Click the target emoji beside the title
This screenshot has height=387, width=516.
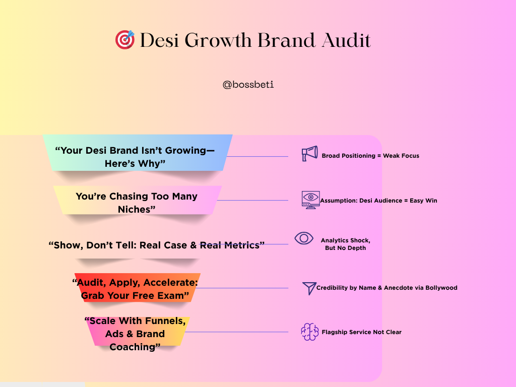point(125,40)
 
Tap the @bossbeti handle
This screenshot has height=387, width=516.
point(248,85)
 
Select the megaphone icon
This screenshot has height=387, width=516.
point(310,153)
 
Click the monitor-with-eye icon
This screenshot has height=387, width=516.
point(310,200)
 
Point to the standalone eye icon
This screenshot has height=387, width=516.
point(304,238)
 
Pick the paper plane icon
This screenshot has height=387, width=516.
point(309,288)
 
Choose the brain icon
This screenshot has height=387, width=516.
point(310,332)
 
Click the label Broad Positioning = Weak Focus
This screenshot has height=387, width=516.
point(370,156)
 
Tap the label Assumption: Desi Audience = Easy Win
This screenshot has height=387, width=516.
point(378,201)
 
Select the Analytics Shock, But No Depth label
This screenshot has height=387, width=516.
point(346,244)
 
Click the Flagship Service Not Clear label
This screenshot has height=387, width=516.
point(361,332)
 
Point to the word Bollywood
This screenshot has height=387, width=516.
point(441,288)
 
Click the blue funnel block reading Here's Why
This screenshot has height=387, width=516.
point(138,153)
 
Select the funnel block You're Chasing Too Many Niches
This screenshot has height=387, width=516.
point(138,201)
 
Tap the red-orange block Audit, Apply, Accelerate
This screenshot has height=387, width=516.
point(137,288)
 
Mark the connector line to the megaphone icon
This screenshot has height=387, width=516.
point(257,156)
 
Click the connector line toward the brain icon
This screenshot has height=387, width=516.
point(237,332)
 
